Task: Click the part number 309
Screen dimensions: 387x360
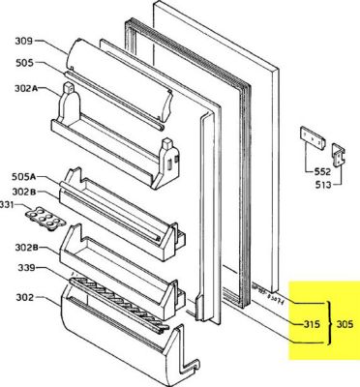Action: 23,42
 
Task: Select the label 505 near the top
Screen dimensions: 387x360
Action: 23,64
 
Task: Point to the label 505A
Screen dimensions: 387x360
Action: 23,176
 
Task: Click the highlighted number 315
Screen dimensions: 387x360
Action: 311,324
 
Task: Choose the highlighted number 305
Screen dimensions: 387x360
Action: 345,324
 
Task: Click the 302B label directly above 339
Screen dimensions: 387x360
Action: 23,246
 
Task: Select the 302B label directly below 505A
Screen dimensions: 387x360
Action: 23,191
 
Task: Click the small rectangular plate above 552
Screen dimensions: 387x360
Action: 309,140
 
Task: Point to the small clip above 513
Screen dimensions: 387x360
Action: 338,152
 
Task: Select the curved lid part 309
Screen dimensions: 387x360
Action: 116,68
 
